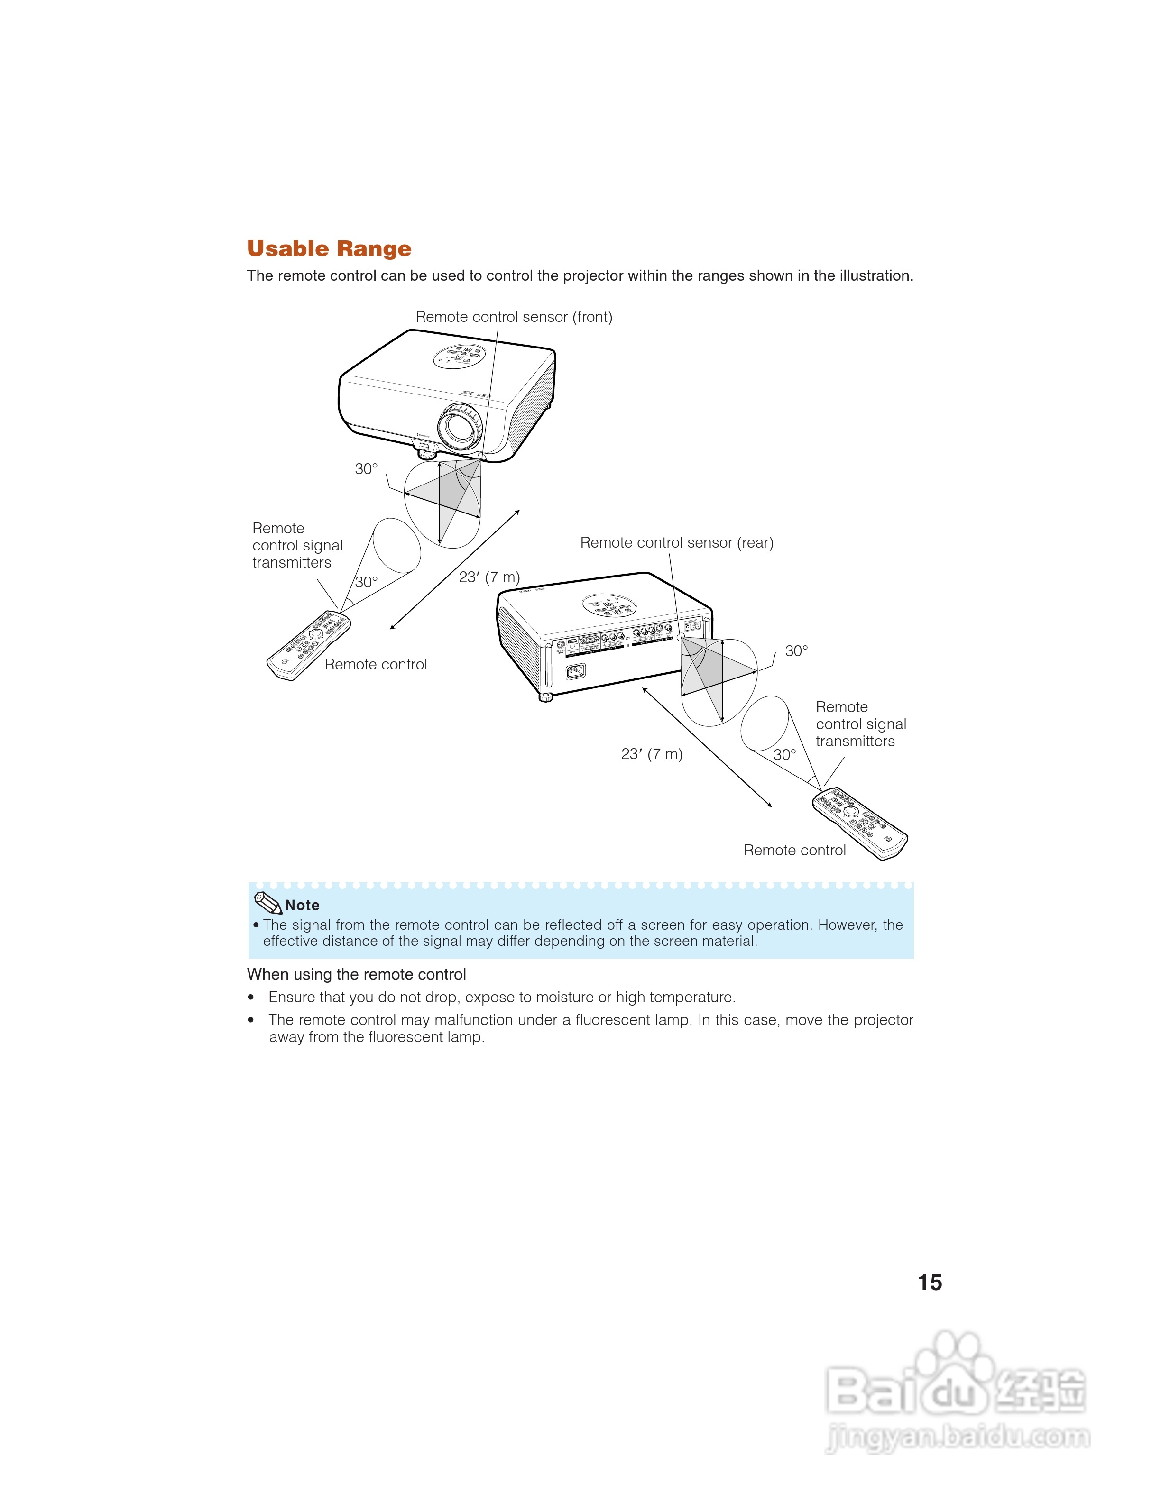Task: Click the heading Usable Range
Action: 329,248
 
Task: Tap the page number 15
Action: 929,1282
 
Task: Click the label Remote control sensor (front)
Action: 514,317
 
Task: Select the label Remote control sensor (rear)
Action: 677,542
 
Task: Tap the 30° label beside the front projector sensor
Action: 366,469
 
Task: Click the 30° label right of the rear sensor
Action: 796,651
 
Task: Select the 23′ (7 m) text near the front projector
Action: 489,577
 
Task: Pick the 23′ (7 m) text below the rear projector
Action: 651,754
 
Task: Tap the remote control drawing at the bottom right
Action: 860,823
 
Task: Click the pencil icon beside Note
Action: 267,902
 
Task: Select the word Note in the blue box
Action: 302,906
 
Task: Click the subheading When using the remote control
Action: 356,974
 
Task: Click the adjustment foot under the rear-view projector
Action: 545,696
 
